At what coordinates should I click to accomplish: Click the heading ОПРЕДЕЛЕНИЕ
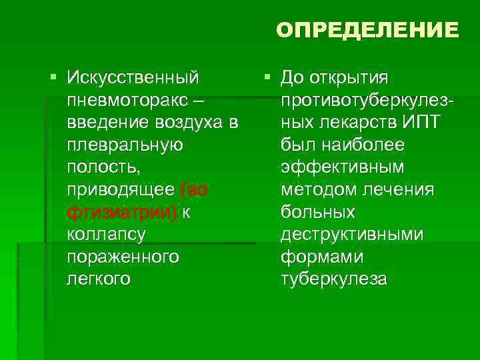pos(367,30)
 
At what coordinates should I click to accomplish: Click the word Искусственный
pos(133,78)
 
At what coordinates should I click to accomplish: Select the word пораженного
pos(123,257)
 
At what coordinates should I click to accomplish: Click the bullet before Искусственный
pos(54,78)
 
